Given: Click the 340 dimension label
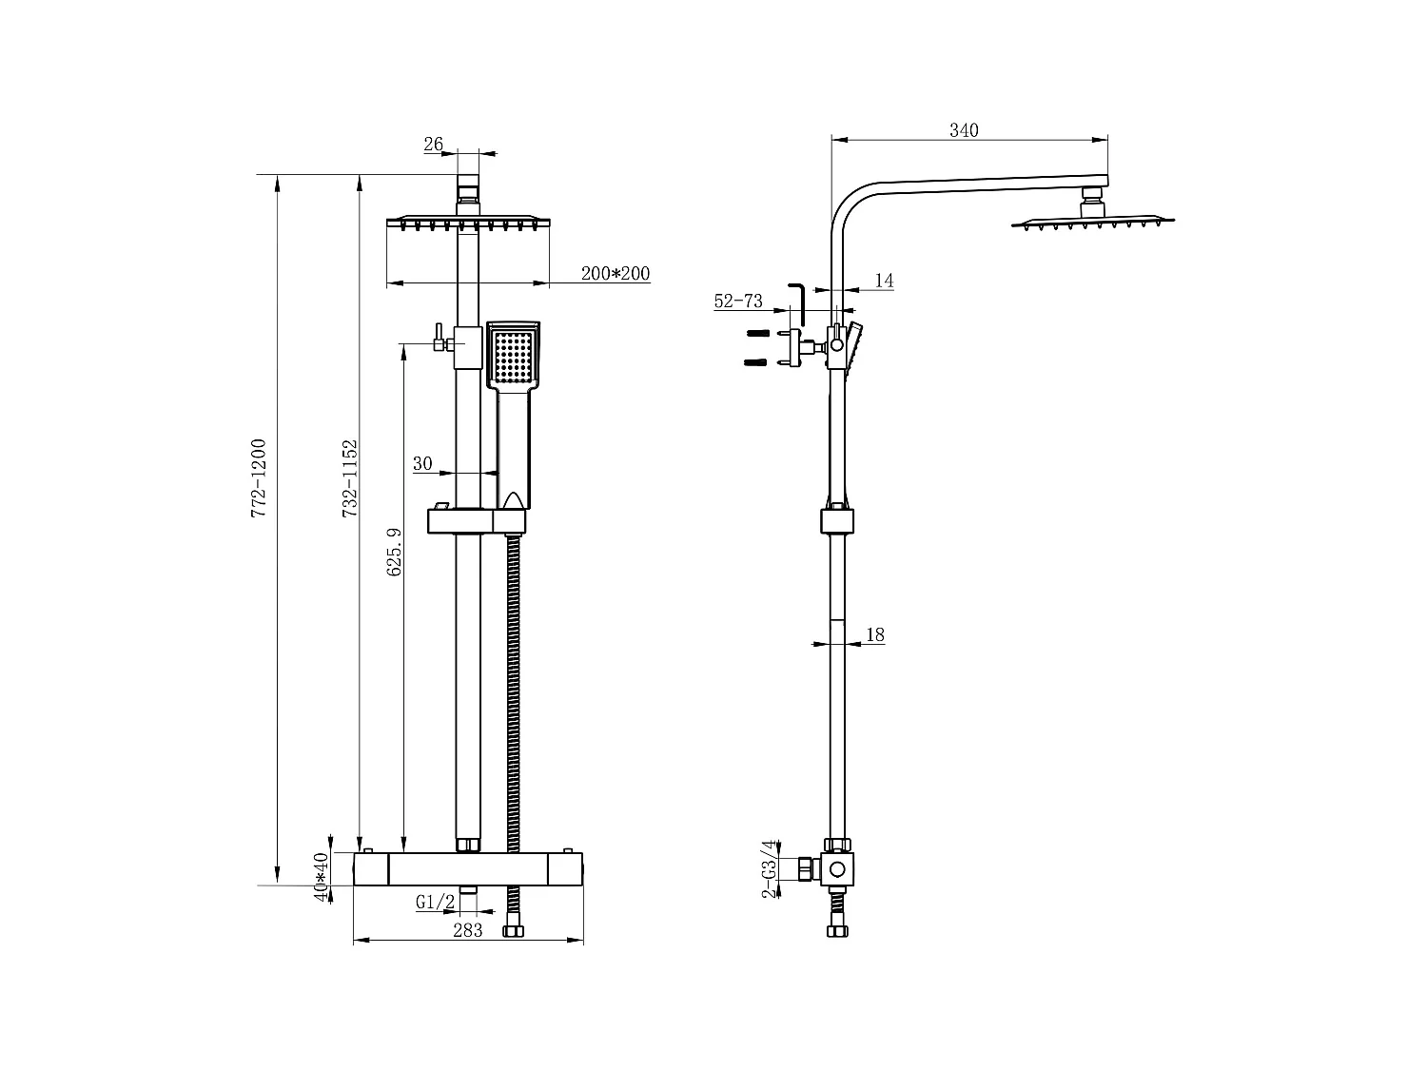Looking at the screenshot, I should click(x=964, y=130).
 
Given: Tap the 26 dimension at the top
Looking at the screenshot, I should click(x=433, y=145).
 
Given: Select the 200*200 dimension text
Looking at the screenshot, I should click(x=616, y=274).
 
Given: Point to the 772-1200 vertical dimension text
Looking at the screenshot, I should click(x=259, y=478).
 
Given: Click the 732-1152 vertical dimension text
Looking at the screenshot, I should click(x=350, y=478).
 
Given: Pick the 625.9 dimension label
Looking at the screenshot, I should click(x=395, y=553).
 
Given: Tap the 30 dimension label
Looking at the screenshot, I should click(x=422, y=464).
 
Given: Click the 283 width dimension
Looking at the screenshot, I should click(x=467, y=930).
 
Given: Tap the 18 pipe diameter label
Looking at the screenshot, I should click(x=876, y=634).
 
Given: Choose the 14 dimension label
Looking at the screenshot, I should click(x=884, y=281).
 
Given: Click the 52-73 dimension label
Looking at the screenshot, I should click(x=738, y=302).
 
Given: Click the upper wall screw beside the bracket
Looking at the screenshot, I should click(x=757, y=333).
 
